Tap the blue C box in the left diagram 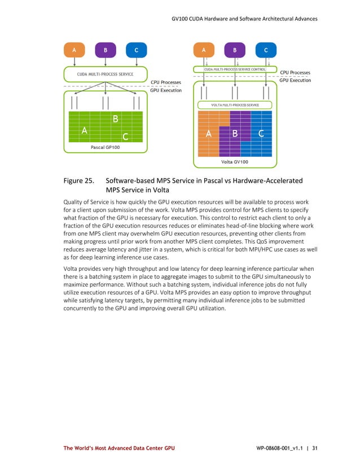136,50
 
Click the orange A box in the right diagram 204,49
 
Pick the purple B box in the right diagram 235,49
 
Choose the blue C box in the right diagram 265,49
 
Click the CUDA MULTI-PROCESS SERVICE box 106,74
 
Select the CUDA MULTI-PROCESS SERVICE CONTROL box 235,69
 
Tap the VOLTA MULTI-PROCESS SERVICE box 235,105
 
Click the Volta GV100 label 234,162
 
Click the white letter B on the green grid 115,119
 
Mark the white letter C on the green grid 125,137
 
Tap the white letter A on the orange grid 208,134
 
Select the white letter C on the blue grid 261,134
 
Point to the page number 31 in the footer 315,448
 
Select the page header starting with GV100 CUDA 244,19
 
